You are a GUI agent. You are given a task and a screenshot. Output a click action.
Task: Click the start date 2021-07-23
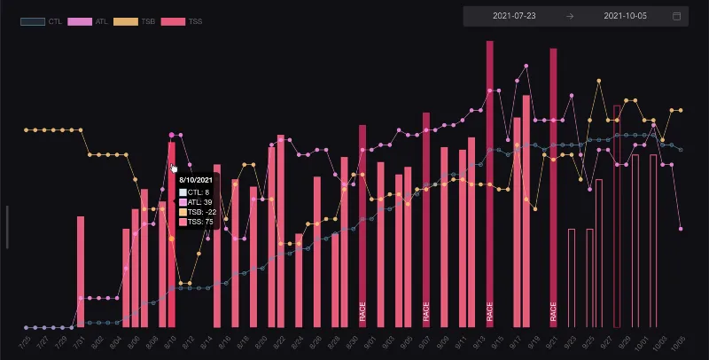pyautogui.click(x=514, y=16)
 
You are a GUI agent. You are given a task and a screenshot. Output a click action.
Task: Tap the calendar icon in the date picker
pyautogui.click(x=677, y=16)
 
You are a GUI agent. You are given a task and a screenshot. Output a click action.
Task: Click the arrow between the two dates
pyautogui.click(x=570, y=16)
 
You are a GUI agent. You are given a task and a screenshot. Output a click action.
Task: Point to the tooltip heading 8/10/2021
pyautogui.click(x=196, y=179)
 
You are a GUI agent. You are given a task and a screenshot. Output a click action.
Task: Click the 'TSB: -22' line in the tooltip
pyautogui.click(x=199, y=212)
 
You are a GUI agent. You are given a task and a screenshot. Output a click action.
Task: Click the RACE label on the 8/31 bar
pyautogui.click(x=362, y=310)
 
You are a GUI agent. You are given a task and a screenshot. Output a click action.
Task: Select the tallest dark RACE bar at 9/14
pyautogui.click(x=489, y=177)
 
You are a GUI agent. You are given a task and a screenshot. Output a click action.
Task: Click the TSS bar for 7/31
pyautogui.click(x=81, y=270)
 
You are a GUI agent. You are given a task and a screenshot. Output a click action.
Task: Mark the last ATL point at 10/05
pyautogui.click(x=681, y=229)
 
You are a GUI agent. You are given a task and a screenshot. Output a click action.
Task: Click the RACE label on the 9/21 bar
pyautogui.click(x=553, y=310)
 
